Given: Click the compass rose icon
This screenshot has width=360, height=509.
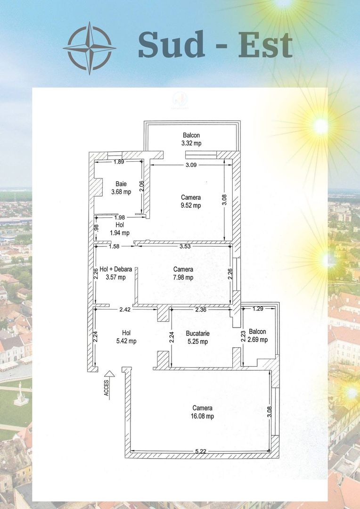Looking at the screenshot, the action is (x=90, y=48).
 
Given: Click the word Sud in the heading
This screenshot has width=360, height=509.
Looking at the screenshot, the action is (x=172, y=44).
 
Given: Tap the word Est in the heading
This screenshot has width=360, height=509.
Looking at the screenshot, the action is (x=266, y=45).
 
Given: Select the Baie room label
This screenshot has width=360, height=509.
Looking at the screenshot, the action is (x=121, y=184).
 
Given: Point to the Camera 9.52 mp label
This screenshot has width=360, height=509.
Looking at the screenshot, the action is (x=191, y=201).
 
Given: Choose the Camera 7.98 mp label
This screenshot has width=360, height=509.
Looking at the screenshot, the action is (x=183, y=273).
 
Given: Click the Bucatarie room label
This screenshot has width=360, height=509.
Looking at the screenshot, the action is (x=198, y=333).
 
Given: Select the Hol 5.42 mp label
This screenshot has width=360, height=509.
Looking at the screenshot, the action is (x=127, y=337).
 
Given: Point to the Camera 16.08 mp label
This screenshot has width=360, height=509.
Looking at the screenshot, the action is (x=203, y=412).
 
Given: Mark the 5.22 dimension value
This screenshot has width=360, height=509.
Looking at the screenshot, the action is (x=201, y=451).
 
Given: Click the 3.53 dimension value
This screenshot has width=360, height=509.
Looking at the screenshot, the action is (x=185, y=246).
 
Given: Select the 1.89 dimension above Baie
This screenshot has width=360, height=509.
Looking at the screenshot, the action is (x=119, y=162).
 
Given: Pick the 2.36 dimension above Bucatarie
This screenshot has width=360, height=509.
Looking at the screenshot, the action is (x=201, y=310).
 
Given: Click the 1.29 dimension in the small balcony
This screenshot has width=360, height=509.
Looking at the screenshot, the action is (x=258, y=309).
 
